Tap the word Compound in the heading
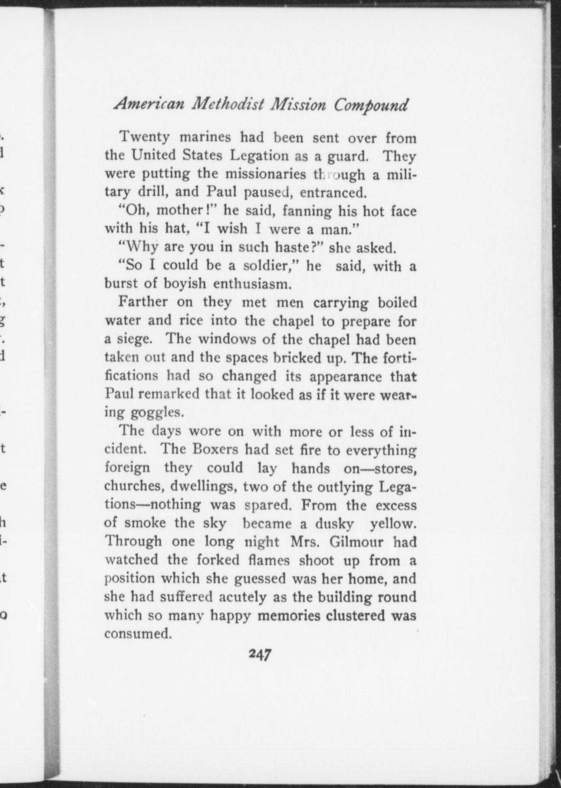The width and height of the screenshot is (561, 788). [371, 105]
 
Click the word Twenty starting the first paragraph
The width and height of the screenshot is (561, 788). [144, 137]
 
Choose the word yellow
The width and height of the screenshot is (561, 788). [392, 523]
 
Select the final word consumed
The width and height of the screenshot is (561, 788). [137, 634]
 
